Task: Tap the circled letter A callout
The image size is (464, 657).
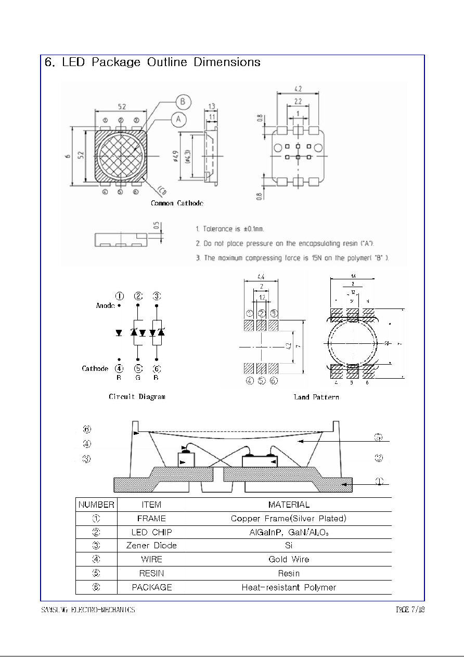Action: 178,119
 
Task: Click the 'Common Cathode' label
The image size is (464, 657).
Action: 177,203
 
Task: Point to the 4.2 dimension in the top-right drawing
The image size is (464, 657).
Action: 298,89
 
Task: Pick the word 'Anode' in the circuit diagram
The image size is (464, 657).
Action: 105,306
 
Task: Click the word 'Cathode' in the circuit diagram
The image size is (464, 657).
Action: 95,368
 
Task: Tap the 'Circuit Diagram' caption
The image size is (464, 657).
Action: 137,397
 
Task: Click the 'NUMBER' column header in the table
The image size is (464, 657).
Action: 97,505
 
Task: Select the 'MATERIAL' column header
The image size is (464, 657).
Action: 289,505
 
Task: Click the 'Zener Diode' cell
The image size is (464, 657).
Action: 151,546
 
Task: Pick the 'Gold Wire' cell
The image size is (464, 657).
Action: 289,559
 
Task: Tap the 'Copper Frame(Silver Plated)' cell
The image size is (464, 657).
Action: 289,519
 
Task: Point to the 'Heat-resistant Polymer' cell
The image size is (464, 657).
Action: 289,587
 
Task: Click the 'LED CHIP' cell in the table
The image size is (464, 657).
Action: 151,532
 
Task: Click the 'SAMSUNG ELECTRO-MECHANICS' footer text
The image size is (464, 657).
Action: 88,610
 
